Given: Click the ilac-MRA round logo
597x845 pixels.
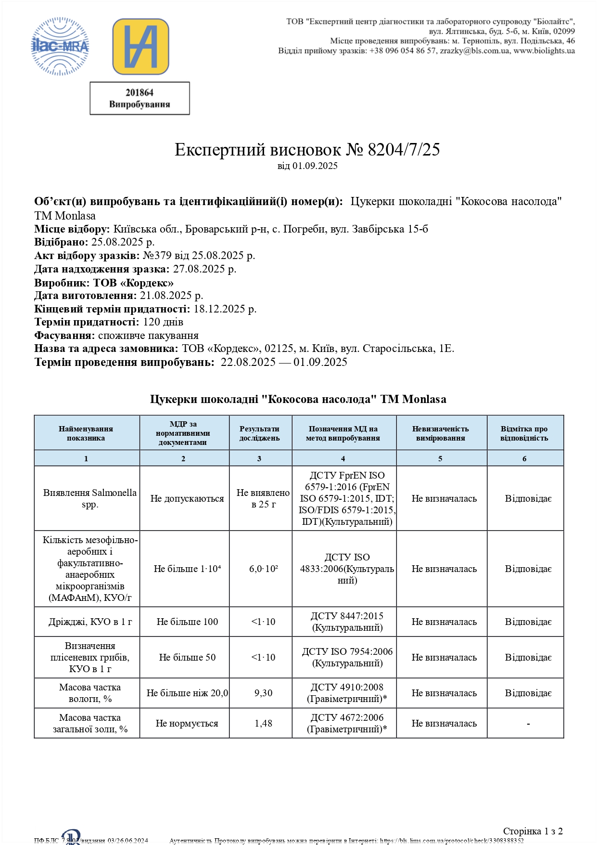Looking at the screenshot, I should (60, 46).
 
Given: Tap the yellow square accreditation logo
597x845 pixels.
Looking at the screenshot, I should (140, 46).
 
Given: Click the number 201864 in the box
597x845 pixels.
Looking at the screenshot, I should (140, 92).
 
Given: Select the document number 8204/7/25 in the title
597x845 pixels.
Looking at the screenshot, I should (404, 150).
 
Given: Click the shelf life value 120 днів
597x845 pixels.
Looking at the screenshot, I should (163, 322).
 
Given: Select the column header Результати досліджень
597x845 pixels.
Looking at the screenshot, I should (260, 433).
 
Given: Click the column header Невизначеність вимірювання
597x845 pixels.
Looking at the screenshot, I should (441, 433).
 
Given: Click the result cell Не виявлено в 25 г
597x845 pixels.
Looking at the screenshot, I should (263, 498).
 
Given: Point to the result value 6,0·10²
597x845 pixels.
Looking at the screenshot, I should (263, 569).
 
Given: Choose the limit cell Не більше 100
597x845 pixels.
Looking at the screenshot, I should (187, 622).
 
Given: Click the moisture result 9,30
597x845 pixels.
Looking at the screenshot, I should (263, 693).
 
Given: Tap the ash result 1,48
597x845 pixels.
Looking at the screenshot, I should (263, 723).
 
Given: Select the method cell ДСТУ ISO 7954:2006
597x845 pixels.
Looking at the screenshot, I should (347, 652).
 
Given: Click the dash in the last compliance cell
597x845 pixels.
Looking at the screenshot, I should (528, 723).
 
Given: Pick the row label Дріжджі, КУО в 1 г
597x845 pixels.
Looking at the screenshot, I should (90, 622).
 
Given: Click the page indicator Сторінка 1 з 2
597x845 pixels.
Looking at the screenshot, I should (533, 831).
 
